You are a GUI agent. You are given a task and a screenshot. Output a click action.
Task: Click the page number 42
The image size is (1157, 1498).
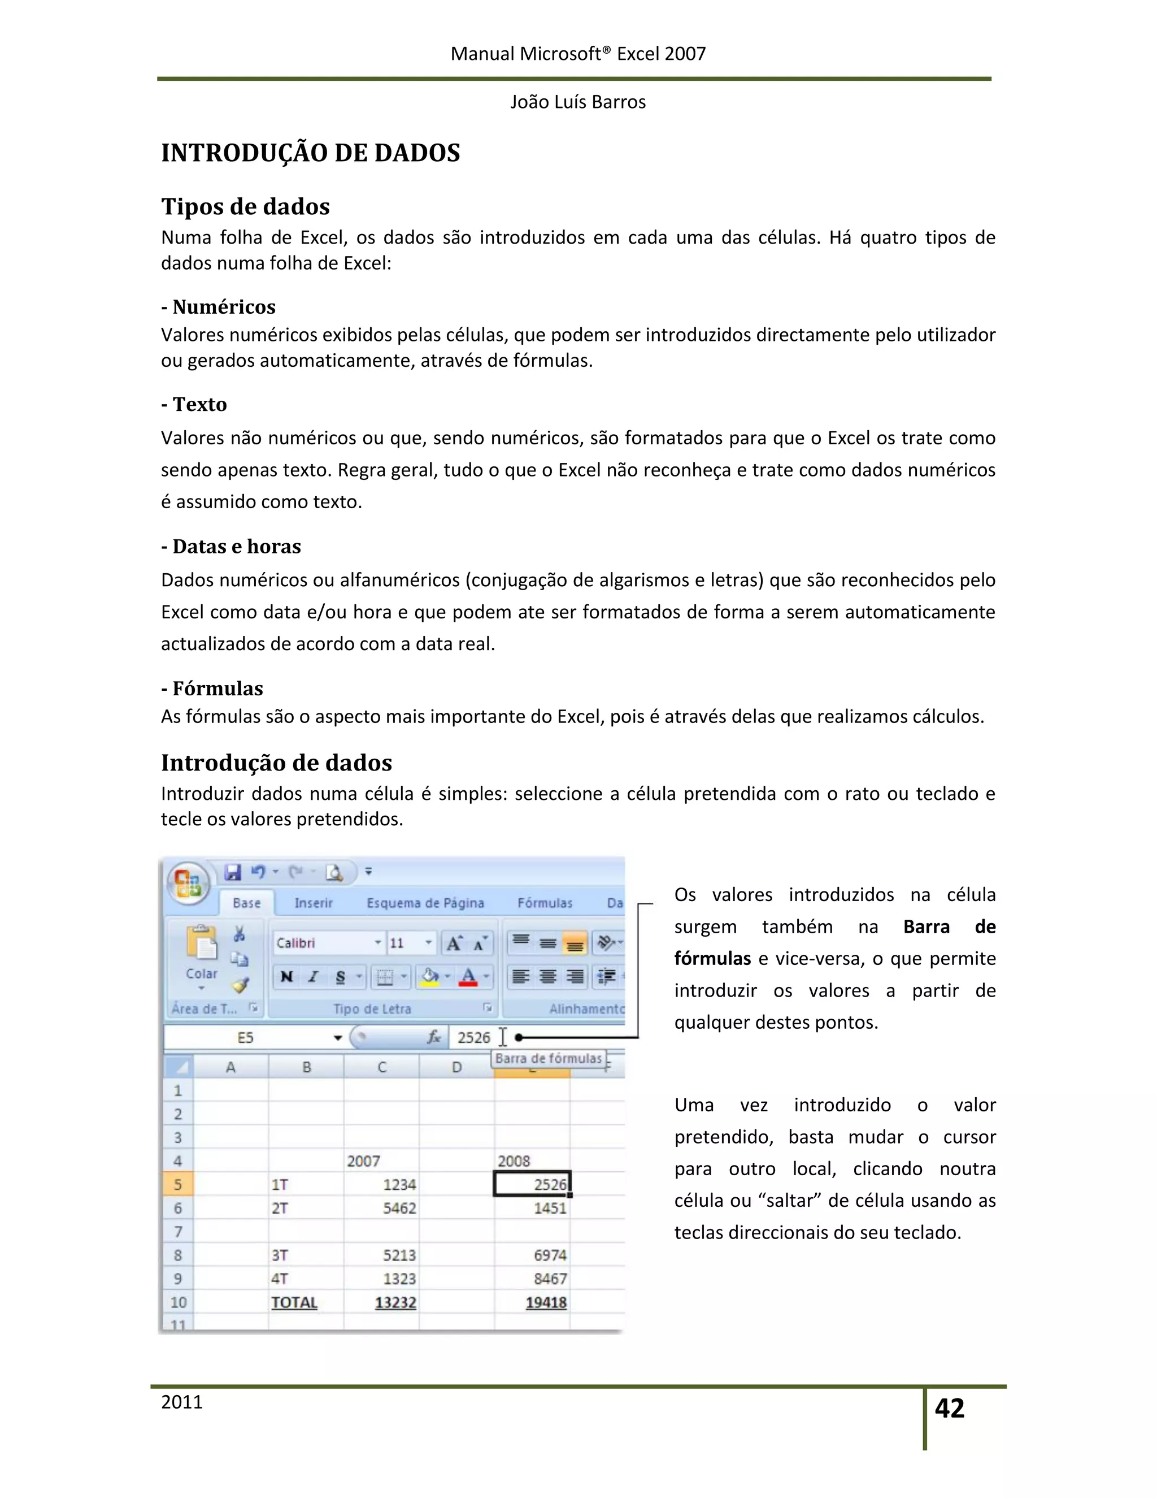click(x=949, y=1408)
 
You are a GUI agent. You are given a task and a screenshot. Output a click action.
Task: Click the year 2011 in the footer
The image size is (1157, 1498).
click(x=182, y=1402)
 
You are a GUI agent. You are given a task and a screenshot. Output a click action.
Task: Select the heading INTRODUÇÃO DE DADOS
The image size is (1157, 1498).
click(x=311, y=153)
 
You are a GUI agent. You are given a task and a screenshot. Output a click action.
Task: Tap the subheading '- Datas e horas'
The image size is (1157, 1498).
click(x=231, y=546)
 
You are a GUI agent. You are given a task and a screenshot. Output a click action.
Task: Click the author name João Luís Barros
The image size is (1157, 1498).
click(x=578, y=102)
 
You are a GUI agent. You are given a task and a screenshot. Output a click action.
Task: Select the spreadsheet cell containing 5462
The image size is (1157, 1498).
click(x=399, y=1208)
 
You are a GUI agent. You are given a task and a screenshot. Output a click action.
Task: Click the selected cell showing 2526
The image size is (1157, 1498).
click(x=532, y=1184)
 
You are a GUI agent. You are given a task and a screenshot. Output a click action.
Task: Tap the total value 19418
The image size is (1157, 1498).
click(x=546, y=1302)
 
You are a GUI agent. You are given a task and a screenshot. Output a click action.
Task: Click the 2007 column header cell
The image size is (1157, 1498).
click(x=363, y=1161)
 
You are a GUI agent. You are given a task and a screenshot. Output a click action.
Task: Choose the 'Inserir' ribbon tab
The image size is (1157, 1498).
click(x=313, y=903)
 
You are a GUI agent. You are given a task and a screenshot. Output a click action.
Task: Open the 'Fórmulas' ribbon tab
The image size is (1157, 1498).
click(x=545, y=903)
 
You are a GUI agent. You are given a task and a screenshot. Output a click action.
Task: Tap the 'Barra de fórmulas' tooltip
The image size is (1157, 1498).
click(x=549, y=1058)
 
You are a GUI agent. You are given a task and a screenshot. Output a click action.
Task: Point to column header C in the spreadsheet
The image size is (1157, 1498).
click(x=382, y=1067)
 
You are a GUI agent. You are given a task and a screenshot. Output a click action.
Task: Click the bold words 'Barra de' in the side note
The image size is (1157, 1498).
click(x=949, y=926)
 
